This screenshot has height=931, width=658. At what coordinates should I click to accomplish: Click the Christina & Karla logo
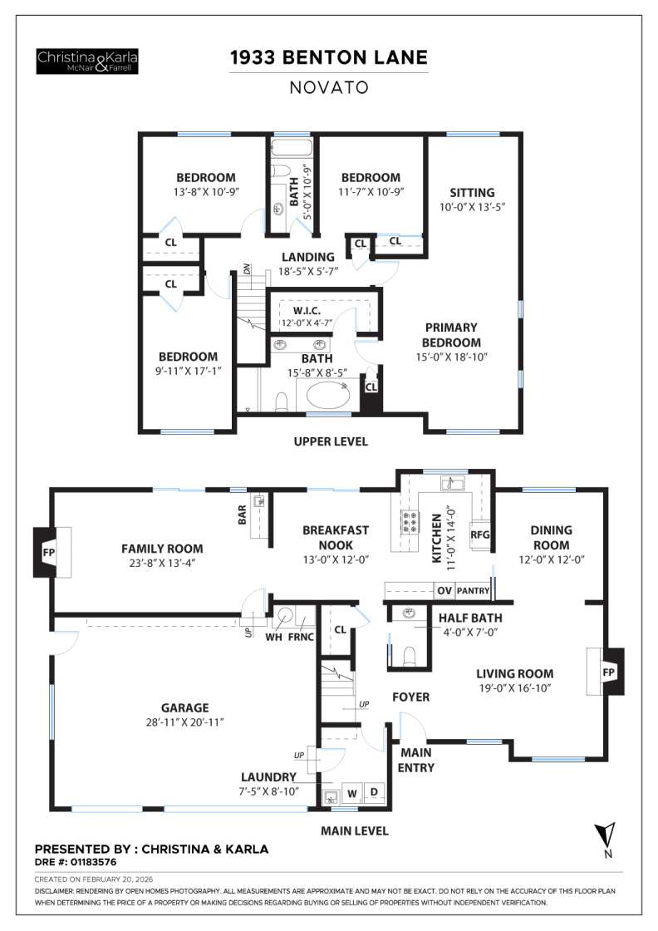coord(87,61)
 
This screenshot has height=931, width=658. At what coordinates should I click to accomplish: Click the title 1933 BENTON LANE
coord(328,57)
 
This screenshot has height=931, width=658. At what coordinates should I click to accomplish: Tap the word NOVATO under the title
coord(328,86)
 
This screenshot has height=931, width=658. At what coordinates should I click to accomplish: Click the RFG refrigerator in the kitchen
coord(480,535)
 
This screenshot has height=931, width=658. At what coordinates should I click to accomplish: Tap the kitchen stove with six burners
coord(410,522)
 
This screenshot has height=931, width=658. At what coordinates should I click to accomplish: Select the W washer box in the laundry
coord(351,793)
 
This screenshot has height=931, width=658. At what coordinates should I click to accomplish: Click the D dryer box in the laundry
coord(374,793)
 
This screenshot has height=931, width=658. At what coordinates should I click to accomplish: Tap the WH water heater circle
coord(284,616)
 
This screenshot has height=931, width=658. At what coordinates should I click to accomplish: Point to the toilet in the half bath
coord(408,657)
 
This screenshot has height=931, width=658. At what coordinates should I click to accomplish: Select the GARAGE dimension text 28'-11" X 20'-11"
coord(184,722)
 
